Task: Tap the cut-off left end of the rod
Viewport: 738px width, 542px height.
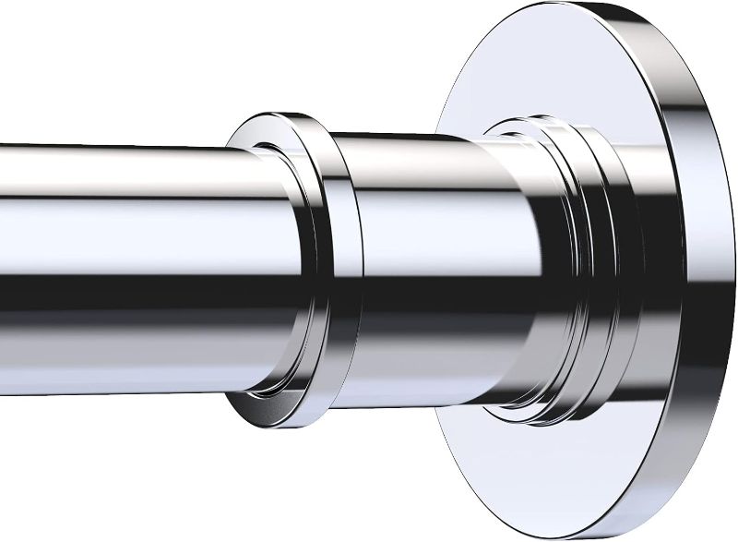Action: coord(5,240)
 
